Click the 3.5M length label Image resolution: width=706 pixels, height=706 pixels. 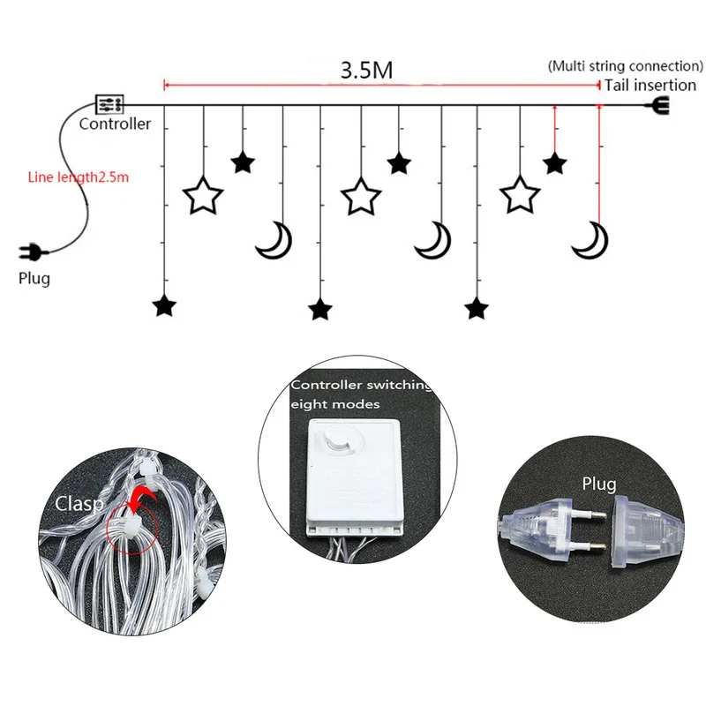[366, 71]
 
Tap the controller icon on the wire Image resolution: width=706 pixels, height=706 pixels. [109, 104]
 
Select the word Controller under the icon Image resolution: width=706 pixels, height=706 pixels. [115, 124]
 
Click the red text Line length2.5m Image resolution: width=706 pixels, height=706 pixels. [79, 176]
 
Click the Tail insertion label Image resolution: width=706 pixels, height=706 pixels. [650, 86]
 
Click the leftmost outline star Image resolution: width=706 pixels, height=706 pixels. [203, 195]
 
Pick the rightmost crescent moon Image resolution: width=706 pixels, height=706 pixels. [589, 239]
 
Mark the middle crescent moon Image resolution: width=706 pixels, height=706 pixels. [433, 239]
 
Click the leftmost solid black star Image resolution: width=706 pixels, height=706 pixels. [164, 306]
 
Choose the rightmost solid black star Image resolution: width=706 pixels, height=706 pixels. [554, 163]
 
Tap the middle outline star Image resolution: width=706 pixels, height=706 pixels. [361, 195]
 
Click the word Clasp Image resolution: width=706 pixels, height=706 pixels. [79, 504]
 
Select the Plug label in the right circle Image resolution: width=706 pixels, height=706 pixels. [599, 484]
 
